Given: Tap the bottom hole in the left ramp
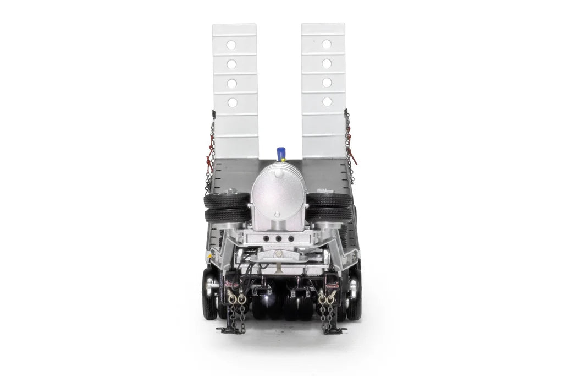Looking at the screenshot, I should click(x=232, y=102).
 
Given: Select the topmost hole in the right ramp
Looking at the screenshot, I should click(x=327, y=44).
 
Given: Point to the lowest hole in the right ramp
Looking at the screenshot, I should click(x=327, y=101).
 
